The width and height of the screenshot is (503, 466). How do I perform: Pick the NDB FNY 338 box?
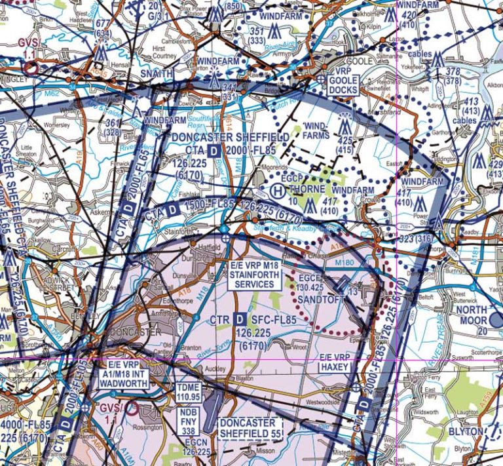187,422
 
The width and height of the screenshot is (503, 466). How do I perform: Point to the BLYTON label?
465,432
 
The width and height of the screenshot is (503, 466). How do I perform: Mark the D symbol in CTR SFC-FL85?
240,319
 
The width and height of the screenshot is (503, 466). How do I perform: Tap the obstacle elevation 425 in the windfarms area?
345,140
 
